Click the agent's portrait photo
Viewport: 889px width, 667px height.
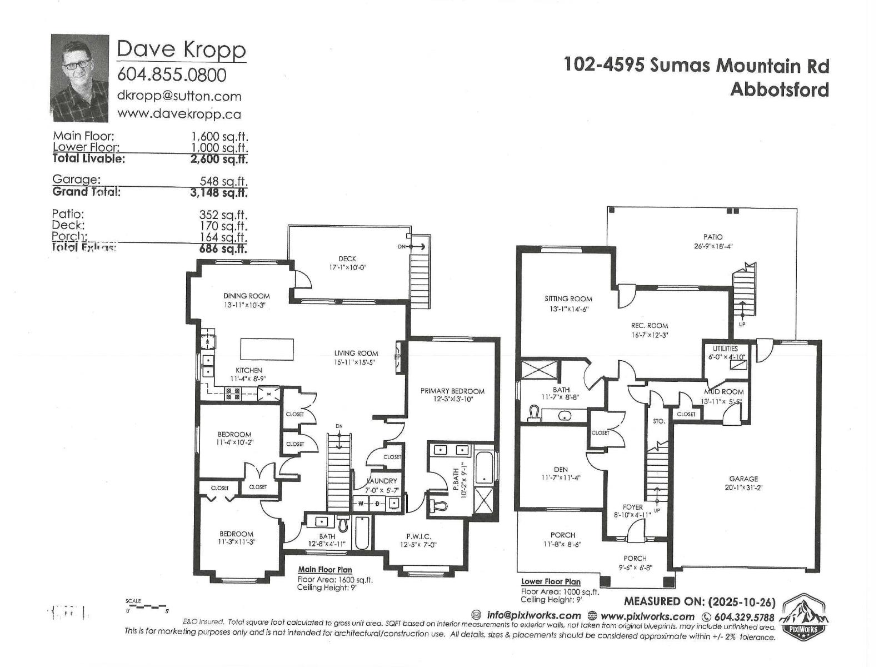(x=79, y=78)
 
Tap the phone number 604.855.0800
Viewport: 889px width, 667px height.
(x=172, y=74)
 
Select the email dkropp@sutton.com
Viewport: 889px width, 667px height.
(x=179, y=96)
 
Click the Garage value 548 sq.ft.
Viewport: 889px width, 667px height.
(x=223, y=181)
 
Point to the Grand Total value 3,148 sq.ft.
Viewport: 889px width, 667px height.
(x=219, y=192)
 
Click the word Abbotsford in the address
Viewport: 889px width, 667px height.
(x=779, y=89)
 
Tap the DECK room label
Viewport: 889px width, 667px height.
(x=347, y=258)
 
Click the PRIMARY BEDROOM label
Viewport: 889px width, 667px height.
(x=452, y=391)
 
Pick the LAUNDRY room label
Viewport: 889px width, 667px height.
(x=382, y=481)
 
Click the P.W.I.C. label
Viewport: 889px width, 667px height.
(x=418, y=536)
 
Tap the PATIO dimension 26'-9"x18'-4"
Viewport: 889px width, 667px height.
(x=713, y=246)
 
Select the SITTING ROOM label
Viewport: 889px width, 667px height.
(x=568, y=298)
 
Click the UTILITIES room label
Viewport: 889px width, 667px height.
(x=725, y=349)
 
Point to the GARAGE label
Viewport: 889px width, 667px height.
(x=743, y=479)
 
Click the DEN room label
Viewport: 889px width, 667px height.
(x=561, y=469)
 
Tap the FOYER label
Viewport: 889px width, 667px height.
(x=632, y=507)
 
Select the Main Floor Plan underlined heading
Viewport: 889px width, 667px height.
(x=324, y=569)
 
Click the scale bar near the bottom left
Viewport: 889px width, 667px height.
(x=147, y=606)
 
